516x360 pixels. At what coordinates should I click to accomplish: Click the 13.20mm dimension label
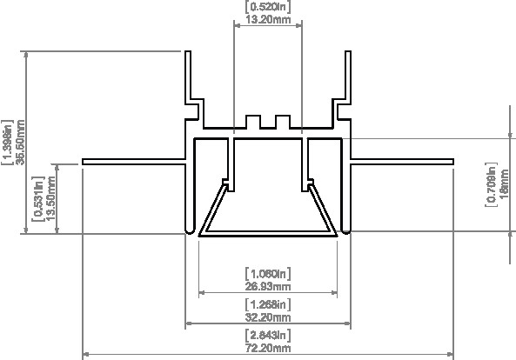[x=268, y=19]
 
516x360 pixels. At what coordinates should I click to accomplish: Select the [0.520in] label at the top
[x=268, y=7]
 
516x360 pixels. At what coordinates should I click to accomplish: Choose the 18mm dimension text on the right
[x=505, y=184]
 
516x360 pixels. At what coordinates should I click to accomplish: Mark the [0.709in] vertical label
[x=493, y=184]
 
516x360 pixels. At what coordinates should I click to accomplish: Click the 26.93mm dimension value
[x=268, y=285]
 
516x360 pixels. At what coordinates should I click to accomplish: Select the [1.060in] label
[x=268, y=273]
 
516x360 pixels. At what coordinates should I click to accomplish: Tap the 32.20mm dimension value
[x=268, y=317]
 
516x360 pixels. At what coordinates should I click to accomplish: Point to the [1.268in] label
[x=268, y=304]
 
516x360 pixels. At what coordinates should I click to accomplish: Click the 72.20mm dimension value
[x=268, y=347]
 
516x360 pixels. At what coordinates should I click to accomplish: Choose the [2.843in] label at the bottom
[x=268, y=335]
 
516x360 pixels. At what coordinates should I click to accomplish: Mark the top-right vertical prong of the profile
[x=350, y=78]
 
